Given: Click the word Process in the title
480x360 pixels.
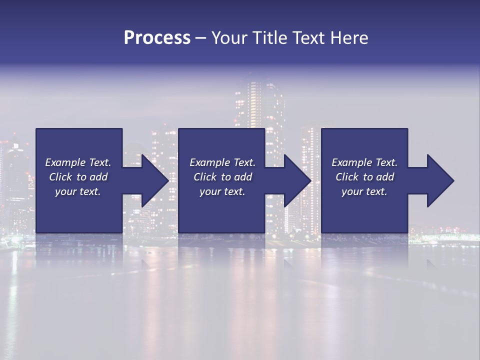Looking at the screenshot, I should coord(157,38).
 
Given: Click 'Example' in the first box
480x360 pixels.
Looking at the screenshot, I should coord(65,162).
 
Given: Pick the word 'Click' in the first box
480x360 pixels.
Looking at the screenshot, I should coord(60,177).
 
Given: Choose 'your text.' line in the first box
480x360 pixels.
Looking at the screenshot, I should coord(78,191).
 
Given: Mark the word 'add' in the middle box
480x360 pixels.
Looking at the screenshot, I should coord(242,177).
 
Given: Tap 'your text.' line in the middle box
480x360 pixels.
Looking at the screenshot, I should coord(222,191).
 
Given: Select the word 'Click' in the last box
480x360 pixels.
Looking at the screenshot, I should coord(347,177).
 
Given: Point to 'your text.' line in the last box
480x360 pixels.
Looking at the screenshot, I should coord(364,191).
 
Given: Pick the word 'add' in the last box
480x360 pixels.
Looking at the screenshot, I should coord(384,177).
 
